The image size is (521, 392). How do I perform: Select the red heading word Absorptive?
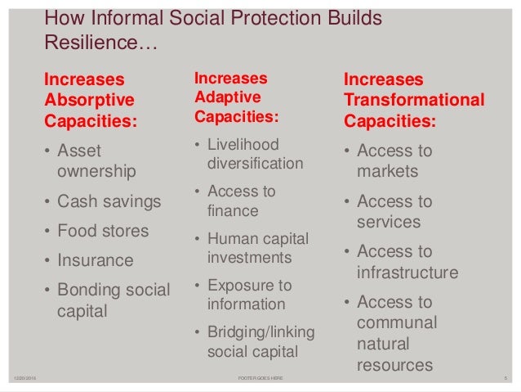(90, 100)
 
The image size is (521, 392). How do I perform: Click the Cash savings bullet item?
(109, 201)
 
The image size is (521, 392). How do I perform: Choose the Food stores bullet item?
(103, 231)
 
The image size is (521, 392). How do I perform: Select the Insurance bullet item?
(95, 260)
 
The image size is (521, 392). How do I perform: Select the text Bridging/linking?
(260, 332)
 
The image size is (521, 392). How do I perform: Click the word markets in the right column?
(387, 171)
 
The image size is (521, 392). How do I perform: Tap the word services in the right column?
(389, 221)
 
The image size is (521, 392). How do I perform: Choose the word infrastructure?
(407, 272)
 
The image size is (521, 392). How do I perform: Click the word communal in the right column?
(397, 322)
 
